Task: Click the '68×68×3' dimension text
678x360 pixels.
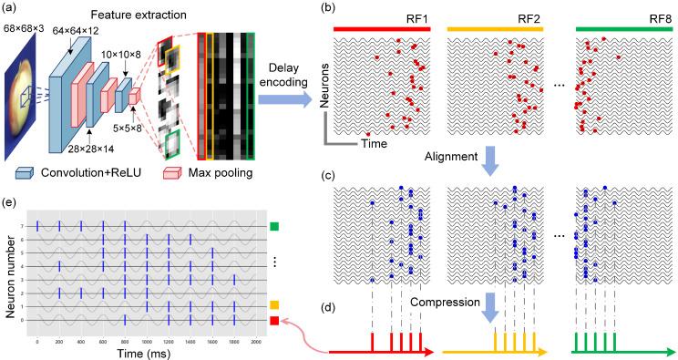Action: pyautogui.click(x=26, y=30)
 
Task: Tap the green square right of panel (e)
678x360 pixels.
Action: pyautogui.click(x=274, y=225)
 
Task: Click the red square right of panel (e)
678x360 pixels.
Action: pyautogui.click(x=274, y=320)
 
